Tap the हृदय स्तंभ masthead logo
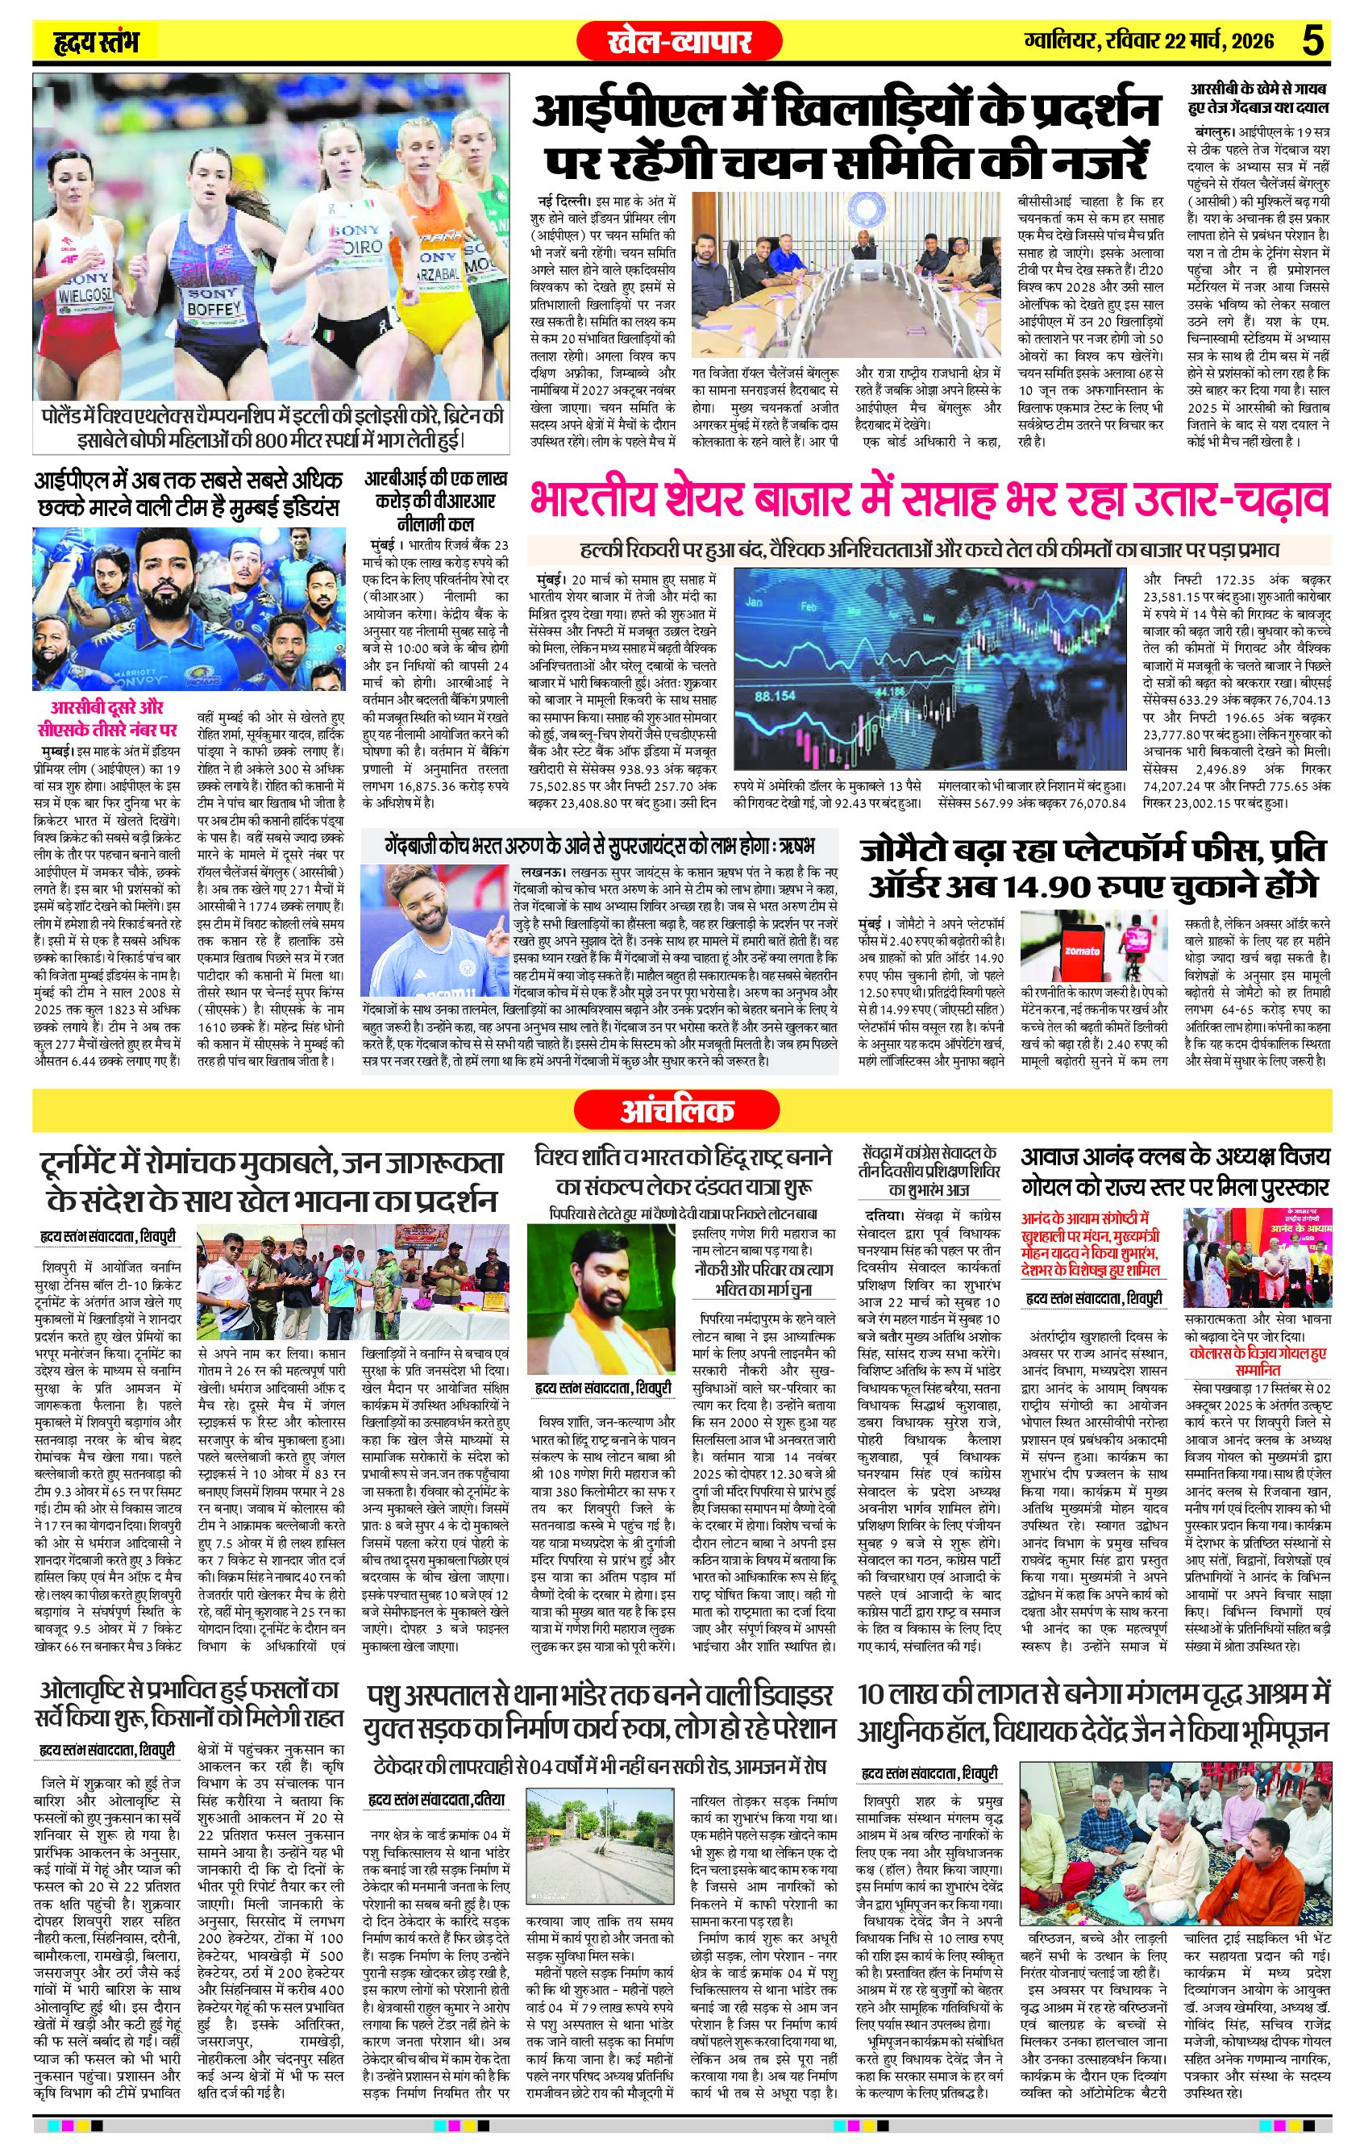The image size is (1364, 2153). tap(95, 42)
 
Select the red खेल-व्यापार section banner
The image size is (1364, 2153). tap(680, 40)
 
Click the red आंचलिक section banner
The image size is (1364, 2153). tap(680, 1111)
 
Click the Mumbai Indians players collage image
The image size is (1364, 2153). tap(188, 610)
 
